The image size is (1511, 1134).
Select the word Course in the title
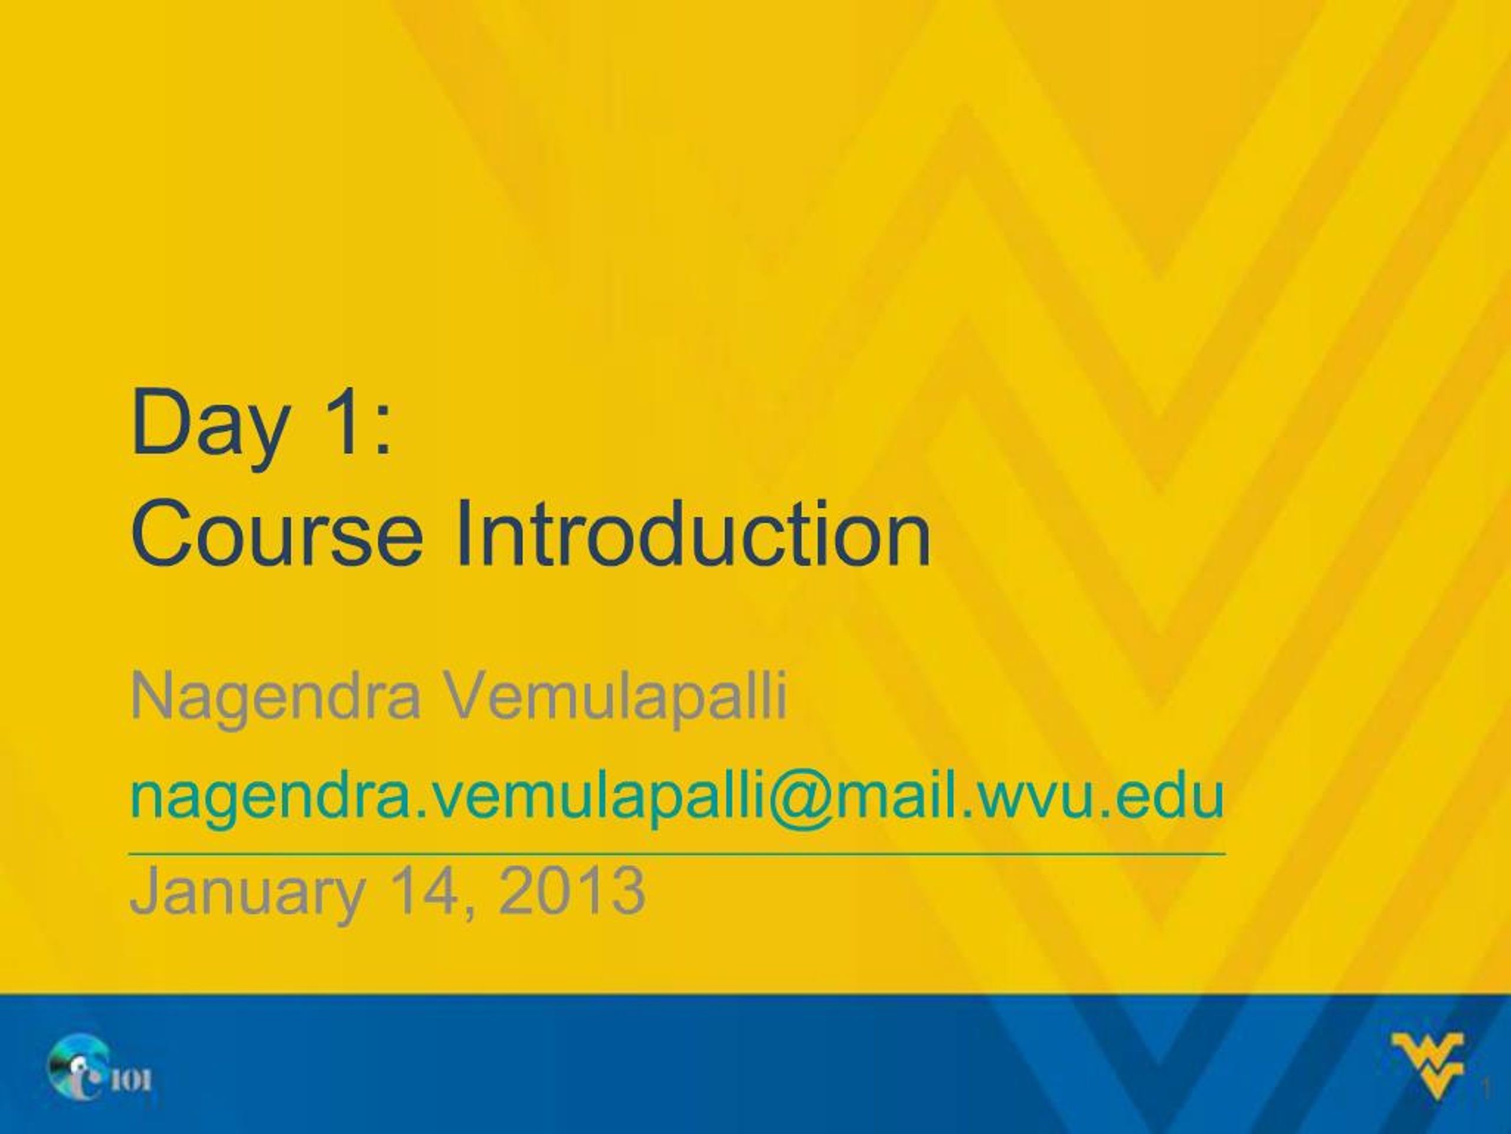[277, 534]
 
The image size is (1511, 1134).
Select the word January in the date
[246, 891]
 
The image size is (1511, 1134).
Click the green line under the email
[677, 853]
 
